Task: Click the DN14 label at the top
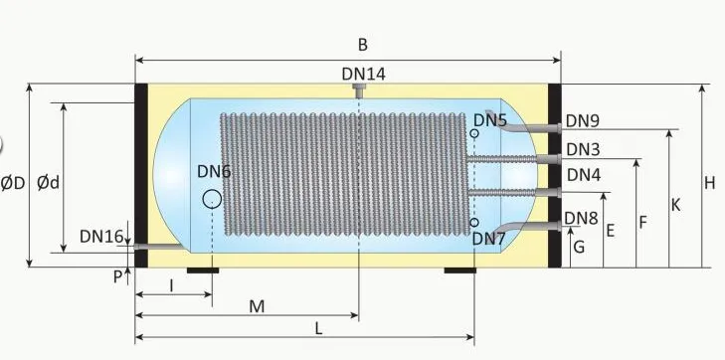click(363, 74)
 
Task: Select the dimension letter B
click(363, 44)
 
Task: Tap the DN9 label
click(583, 121)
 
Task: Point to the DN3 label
click(583, 149)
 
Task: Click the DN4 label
click(583, 174)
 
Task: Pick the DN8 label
click(581, 218)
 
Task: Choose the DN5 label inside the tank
click(490, 120)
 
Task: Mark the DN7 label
click(489, 239)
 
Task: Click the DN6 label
click(213, 171)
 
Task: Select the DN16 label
click(101, 237)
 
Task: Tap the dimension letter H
click(709, 183)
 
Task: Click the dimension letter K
click(675, 205)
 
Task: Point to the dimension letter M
click(257, 306)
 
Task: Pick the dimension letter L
click(317, 327)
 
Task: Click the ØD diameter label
click(13, 183)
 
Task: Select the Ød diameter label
click(47, 183)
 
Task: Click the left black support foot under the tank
click(203, 270)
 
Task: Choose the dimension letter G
click(578, 248)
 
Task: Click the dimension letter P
click(117, 276)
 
